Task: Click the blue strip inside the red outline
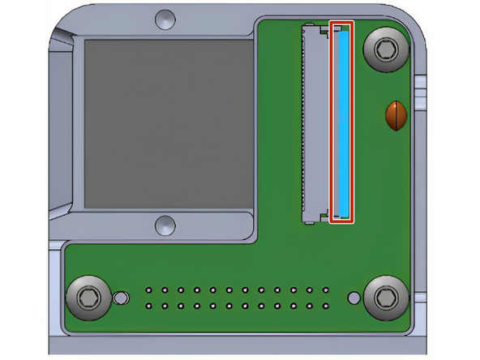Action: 342,122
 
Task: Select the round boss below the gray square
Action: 165,224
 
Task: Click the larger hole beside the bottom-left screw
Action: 121,298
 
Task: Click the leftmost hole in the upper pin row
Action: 149,289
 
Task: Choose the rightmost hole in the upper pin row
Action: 325,289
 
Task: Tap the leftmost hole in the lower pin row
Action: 149,306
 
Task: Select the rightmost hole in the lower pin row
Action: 325,306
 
